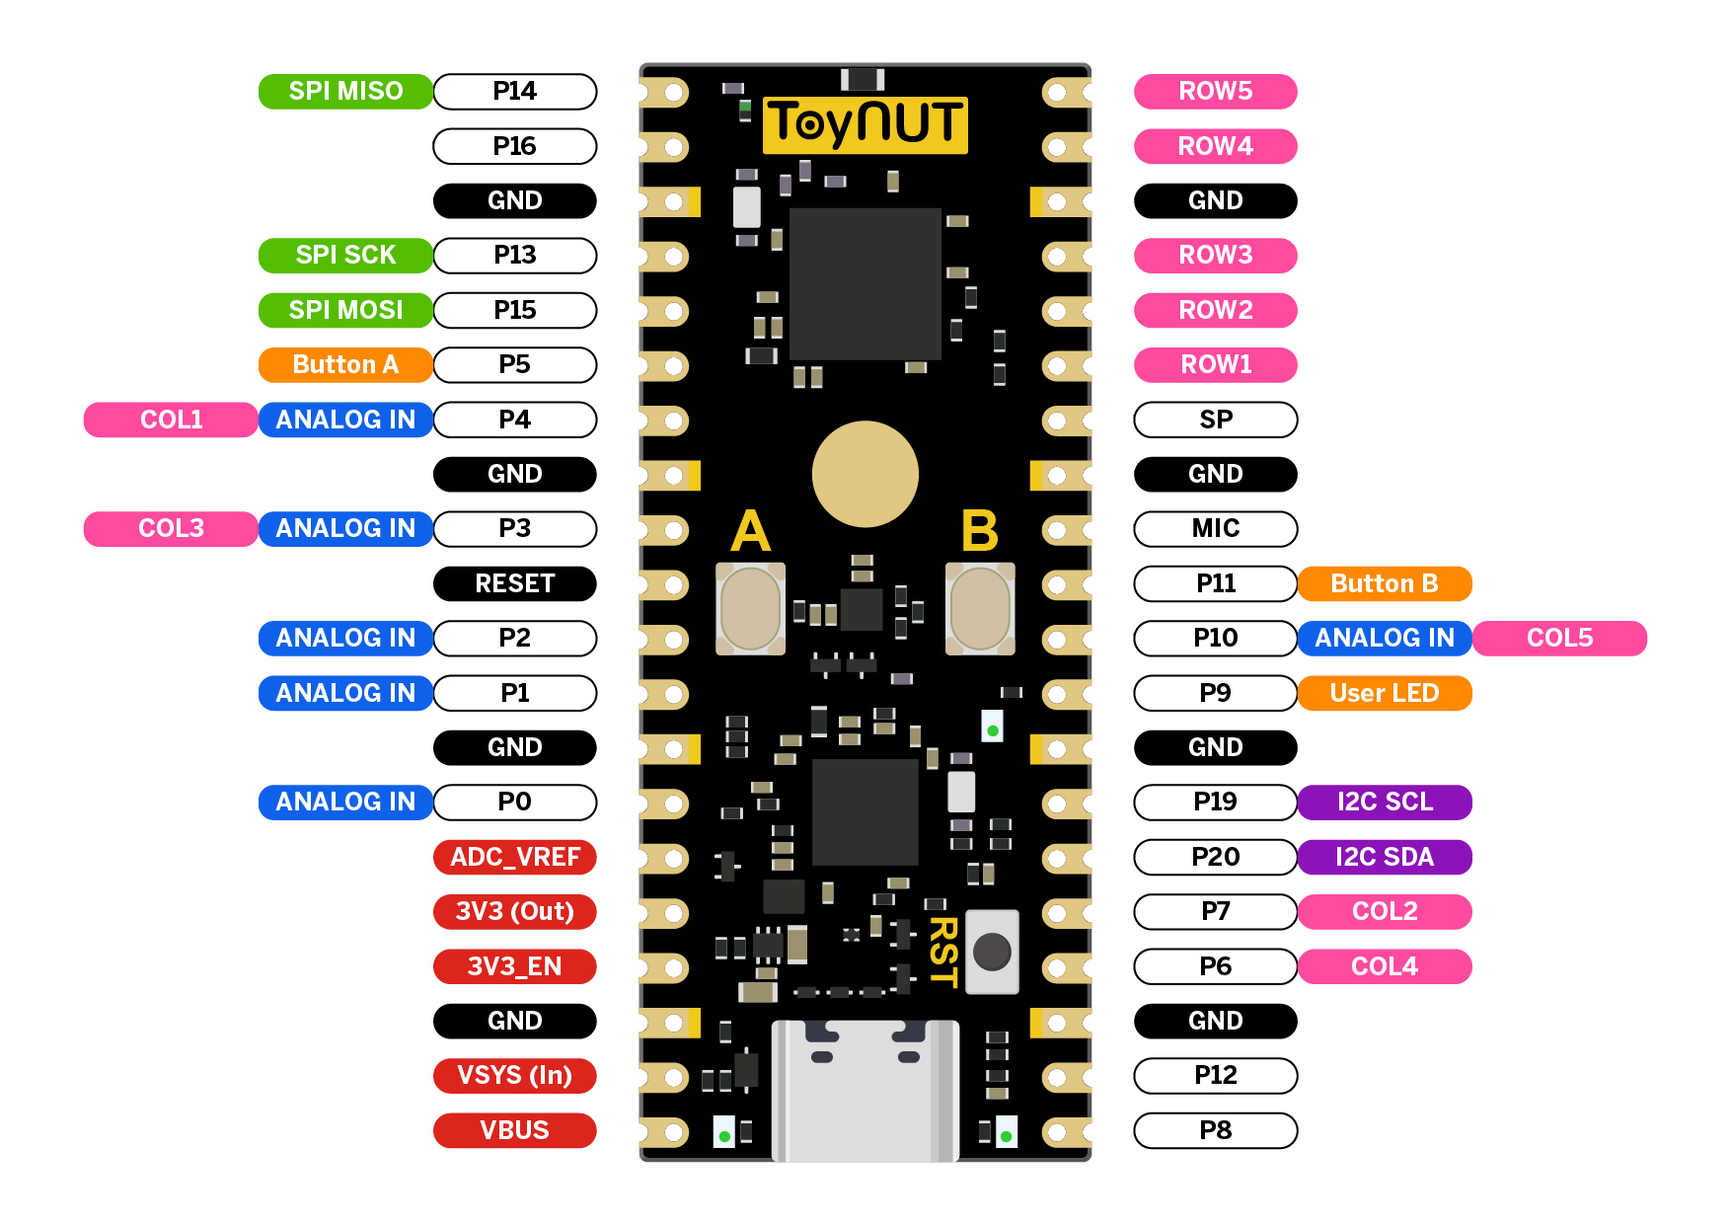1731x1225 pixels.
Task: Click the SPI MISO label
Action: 345,92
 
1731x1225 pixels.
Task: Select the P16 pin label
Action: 514,146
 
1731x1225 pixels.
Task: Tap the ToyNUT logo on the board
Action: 865,124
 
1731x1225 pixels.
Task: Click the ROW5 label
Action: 1215,92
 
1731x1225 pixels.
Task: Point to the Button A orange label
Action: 345,365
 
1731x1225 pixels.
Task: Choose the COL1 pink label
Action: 171,420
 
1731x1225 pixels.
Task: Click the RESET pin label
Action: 514,583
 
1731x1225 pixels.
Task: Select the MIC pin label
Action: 1215,529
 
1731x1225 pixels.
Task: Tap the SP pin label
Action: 1215,420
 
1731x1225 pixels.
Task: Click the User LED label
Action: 1384,693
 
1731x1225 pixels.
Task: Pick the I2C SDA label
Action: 1384,857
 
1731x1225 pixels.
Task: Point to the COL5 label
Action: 1559,638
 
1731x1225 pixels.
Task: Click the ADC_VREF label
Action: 514,857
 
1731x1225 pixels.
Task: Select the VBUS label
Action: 514,1130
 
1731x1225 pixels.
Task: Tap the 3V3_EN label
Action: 514,966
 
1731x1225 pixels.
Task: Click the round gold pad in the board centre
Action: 865,475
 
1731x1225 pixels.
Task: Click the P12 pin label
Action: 1215,1075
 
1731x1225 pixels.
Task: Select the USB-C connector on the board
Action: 865,1090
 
